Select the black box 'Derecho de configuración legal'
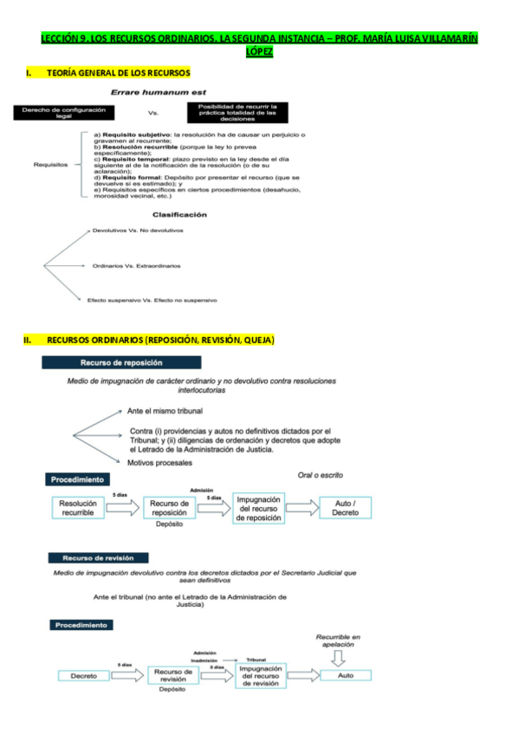(x=63, y=113)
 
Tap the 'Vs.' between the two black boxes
(x=154, y=113)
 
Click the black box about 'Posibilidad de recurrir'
(x=237, y=112)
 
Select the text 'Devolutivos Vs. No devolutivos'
(x=138, y=231)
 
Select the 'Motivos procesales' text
(x=159, y=463)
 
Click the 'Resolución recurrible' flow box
(x=82, y=508)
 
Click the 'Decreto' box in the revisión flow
(x=83, y=675)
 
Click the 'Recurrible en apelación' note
(x=338, y=641)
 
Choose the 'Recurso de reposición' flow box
(x=170, y=508)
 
